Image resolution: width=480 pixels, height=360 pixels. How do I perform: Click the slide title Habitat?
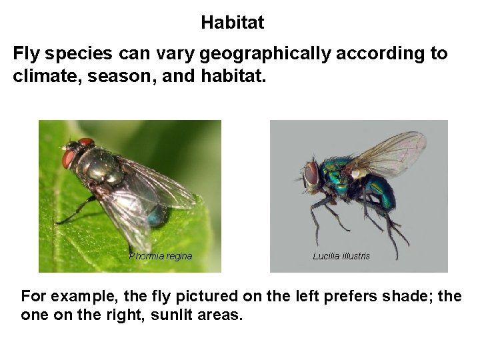(232, 23)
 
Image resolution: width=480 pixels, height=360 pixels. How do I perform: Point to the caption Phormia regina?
(160, 256)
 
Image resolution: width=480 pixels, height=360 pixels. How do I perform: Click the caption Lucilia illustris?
(341, 256)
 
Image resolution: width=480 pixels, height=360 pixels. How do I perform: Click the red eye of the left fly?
(69, 159)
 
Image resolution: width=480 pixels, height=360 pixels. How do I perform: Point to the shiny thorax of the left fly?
(101, 163)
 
